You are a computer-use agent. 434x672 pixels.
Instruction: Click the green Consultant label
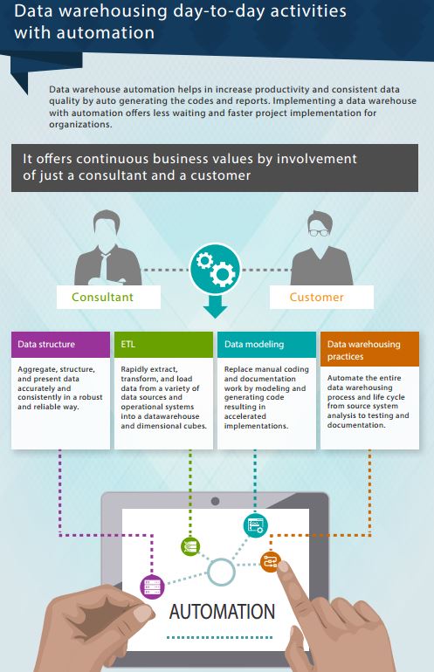102,297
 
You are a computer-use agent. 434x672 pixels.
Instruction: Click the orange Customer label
316,297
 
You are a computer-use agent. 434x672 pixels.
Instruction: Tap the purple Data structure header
60,345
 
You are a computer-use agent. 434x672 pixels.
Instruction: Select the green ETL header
163,345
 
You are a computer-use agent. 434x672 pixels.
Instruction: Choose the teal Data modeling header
266,345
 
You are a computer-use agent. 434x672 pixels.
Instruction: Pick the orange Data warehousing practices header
369,349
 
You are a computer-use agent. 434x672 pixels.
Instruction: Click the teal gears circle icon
216,266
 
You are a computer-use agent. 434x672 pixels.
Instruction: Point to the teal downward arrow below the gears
216,306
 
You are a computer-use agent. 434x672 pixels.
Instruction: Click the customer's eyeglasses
319,233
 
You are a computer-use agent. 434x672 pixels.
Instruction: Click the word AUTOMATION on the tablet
222,612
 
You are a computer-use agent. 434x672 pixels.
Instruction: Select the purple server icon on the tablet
153,586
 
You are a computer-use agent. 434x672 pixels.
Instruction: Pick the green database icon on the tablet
190,547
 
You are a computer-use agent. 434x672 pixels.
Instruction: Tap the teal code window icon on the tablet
256,525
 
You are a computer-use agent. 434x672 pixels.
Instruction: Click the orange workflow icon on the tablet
271,561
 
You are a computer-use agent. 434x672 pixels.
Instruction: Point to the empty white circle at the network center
221,572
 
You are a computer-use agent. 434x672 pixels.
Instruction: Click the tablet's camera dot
216,501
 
